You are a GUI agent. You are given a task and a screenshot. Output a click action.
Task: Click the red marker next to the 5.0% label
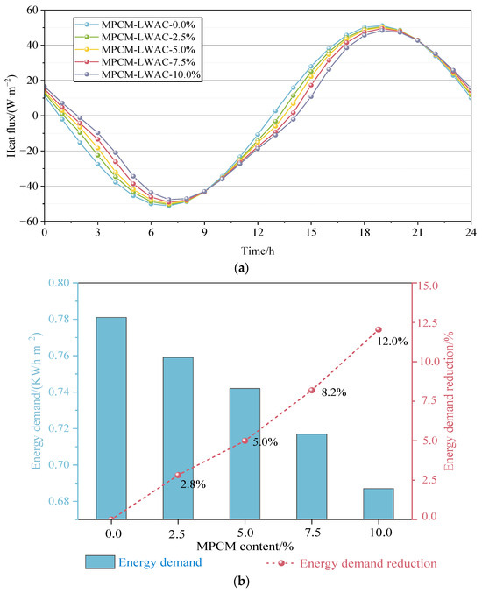point(245,441)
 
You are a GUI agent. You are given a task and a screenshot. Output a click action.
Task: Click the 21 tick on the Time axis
point(417,234)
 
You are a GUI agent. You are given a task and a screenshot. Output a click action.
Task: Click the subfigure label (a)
point(241,266)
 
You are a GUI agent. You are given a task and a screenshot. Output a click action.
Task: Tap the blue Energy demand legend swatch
point(110,562)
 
